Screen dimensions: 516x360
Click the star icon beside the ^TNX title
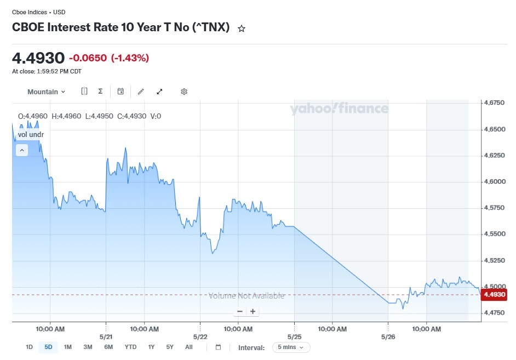242,28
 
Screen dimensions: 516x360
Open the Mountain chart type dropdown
46,92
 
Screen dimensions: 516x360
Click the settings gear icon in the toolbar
184,92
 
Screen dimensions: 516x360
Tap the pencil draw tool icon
141,92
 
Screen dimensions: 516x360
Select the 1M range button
68,347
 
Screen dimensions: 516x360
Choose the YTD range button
130,347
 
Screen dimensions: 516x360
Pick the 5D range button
48,347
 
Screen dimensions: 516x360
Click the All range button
188,347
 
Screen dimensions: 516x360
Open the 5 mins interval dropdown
291,347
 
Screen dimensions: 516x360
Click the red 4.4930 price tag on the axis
494,294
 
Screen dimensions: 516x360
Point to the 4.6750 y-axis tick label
494,102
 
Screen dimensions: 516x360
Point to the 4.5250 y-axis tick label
494,260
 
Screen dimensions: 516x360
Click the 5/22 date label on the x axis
200,336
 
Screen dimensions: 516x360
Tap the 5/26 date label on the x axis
388,336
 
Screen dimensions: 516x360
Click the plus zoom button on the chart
253,311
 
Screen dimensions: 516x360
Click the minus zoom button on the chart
240,311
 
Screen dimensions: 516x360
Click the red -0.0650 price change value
88,58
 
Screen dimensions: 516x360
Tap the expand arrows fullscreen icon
159,92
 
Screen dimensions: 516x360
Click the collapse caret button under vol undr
22,150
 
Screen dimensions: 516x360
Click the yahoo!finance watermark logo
339,108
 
